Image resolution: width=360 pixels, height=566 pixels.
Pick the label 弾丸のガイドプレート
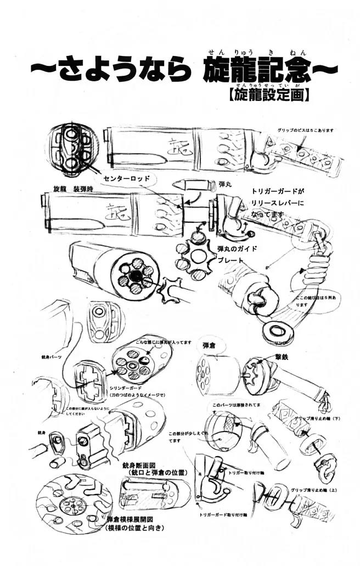pyautogui.click(x=237, y=255)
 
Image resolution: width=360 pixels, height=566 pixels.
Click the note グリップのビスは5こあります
pyautogui.click(x=306, y=131)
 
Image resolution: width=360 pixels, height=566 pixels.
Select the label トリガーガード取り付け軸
pyautogui.click(x=223, y=514)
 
